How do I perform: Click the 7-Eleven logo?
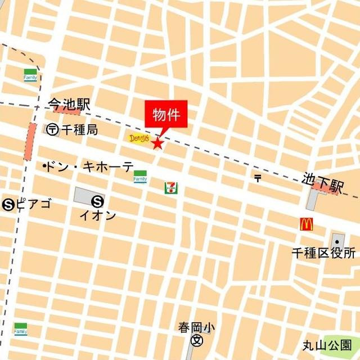pos(169,187)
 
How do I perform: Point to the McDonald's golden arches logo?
pos(306,224)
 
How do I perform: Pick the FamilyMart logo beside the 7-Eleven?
pos(140,176)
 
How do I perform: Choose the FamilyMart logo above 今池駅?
pos(30,74)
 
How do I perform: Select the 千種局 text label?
pos(79,129)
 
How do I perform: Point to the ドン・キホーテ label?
pos(89,166)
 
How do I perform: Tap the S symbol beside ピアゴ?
pos(8,204)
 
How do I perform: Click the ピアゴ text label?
pos(33,204)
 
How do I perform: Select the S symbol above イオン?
pos(98,200)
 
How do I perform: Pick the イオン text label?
pos(98,215)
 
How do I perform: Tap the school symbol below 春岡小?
pos(197,340)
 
